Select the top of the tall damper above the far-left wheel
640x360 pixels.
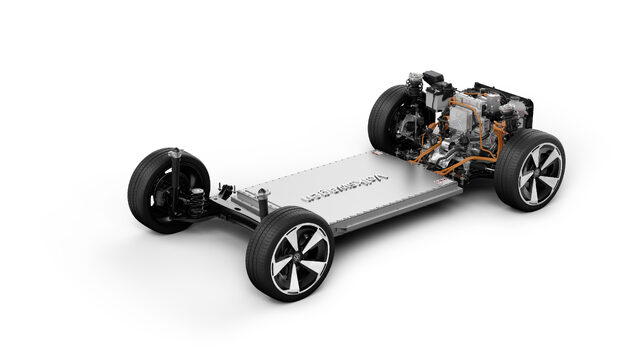pyautogui.click(x=177, y=152)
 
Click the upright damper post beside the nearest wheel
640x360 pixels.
pyautogui.click(x=262, y=200)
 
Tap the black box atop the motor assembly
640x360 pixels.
pyautogui.click(x=433, y=79)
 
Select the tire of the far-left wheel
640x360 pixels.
pyautogui.click(x=140, y=190)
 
